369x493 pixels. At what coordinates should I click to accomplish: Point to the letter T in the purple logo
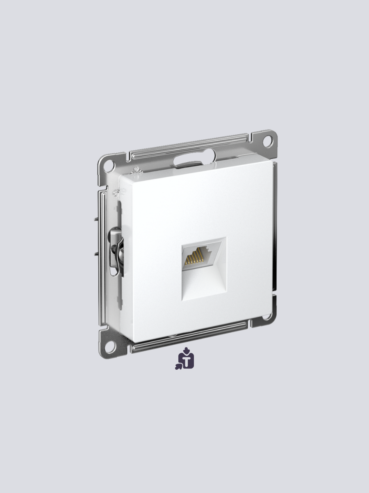click(188, 361)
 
